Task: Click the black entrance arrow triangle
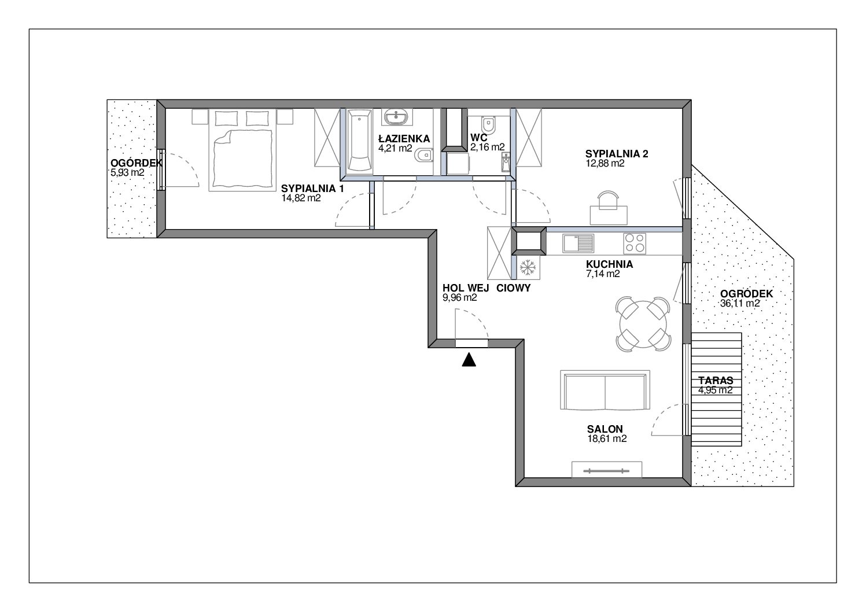point(469,360)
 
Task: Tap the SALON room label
point(605,429)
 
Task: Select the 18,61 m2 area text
point(607,439)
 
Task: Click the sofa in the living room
point(605,390)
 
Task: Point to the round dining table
point(643,325)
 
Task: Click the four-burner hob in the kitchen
point(635,243)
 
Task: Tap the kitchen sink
point(578,243)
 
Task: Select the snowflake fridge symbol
point(528,267)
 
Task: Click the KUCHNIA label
point(609,264)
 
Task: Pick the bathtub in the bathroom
point(360,141)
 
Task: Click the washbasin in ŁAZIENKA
point(396,116)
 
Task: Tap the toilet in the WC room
point(488,125)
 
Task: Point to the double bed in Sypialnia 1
point(242,150)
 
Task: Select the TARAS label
point(716,381)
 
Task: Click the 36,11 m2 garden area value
point(739,304)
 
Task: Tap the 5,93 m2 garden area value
point(127,172)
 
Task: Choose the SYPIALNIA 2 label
point(617,154)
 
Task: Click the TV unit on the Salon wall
point(607,469)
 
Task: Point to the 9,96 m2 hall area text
point(459,298)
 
